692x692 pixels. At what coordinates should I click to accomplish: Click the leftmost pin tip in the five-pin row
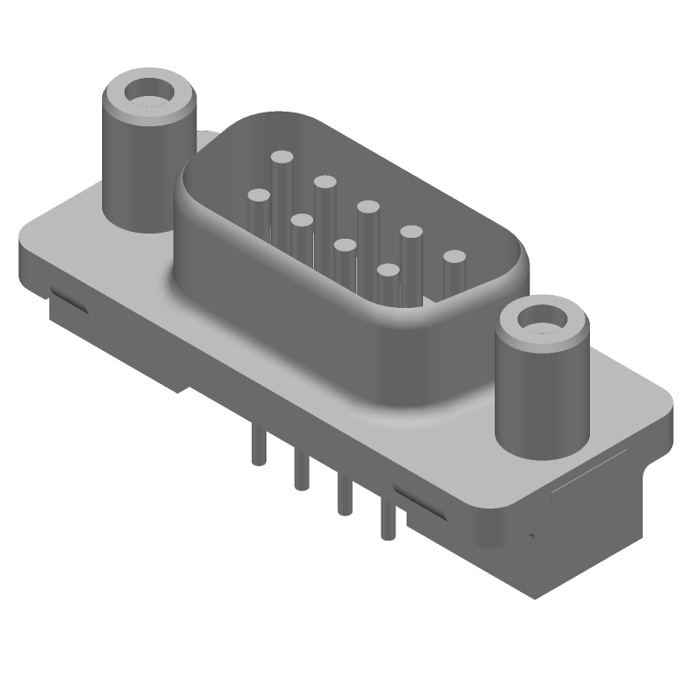[x=282, y=158]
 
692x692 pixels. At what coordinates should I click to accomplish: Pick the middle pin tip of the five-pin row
[x=368, y=207]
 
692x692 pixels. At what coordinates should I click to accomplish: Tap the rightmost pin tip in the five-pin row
[x=453, y=257]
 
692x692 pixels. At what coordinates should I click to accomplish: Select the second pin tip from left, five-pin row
[x=325, y=182]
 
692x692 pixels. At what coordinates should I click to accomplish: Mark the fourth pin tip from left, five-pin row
[x=411, y=232]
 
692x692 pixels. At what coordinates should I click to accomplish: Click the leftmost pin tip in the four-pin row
[x=258, y=196]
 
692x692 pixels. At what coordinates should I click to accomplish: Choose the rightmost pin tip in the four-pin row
[x=388, y=272]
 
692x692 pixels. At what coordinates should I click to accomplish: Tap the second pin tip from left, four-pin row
[x=301, y=221]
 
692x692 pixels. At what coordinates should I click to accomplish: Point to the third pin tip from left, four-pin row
[x=345, y=247]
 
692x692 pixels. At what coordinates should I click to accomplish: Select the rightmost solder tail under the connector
[x=387, y=521]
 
